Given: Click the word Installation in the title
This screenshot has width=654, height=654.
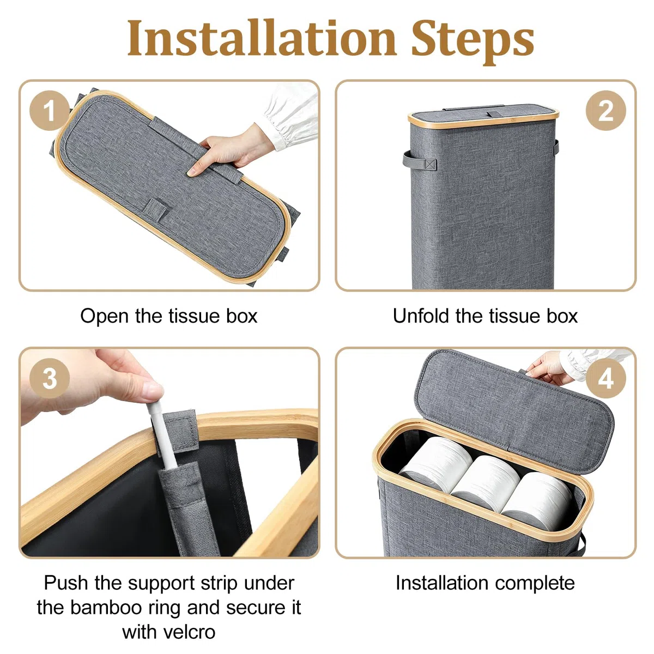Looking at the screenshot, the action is (262, 38).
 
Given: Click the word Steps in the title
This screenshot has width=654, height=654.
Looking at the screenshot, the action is (473, 41).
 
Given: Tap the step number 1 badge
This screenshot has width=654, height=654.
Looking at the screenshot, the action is (49, 111).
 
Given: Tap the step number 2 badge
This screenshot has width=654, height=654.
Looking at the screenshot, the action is (606, 111).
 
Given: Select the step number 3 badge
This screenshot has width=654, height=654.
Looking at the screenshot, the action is (50, 378).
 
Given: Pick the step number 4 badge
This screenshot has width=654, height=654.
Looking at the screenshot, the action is (606, 378).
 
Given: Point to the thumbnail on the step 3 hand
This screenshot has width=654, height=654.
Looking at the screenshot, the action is (153, 391).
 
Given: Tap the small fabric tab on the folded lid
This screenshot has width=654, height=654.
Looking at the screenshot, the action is (156, 208).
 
